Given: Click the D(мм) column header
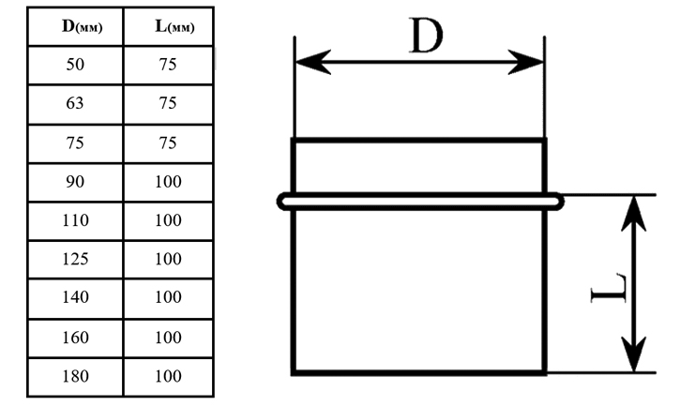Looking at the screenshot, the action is tap(82, 26).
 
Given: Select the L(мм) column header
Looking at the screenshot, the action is tap(174, 26).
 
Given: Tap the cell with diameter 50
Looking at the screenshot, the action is tap(75, 65).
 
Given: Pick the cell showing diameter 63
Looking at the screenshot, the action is tap(75, 103).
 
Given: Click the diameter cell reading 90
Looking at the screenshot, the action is tap(75, 182).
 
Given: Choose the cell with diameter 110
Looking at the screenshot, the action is tap(75, 220).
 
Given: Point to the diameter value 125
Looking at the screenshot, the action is tap(75, 259).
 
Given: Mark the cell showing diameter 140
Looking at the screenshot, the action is tap(75, 297).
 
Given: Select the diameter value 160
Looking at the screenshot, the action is tap(75, 338).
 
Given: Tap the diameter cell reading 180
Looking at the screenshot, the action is tap(75, 376).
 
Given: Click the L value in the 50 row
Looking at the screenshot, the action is tap(168, 65).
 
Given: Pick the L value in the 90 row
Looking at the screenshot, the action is tap(168, 182).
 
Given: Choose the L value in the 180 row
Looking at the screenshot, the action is tap(168, 376).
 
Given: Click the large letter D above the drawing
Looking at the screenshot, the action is tap(427, 36).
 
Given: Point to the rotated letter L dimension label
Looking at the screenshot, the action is tap(609, 288).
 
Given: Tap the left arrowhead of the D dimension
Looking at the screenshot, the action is tap(312, 62).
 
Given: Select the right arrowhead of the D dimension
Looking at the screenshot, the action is tap(525, 62).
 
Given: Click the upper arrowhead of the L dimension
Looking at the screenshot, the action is tap(634, 213).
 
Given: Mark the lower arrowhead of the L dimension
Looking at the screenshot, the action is tap(634, 354).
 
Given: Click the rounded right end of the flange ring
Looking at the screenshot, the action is tap(559, 202).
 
